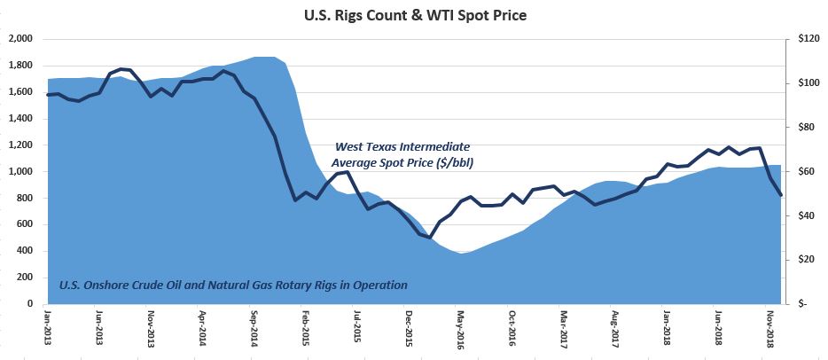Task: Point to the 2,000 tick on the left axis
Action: (20, 39)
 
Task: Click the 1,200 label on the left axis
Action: (20, 145)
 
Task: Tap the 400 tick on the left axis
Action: (23, 251)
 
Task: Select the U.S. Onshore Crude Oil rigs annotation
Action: (233, 285)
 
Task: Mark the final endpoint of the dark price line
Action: (781, 195)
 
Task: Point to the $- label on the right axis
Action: (801, 304)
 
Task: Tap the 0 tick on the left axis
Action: (29, 304)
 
